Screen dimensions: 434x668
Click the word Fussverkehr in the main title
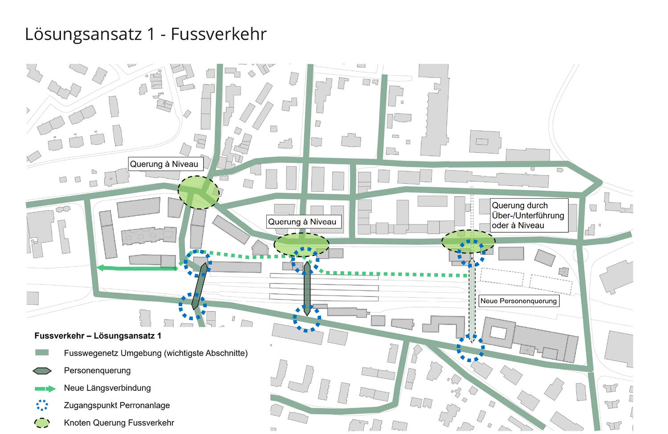point(218,34)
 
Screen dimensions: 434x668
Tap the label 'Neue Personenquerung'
point(518,301)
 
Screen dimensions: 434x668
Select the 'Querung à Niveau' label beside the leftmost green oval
point(164,164)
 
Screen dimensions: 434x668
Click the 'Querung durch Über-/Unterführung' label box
point(529,215)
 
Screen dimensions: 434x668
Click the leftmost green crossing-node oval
point(199,192)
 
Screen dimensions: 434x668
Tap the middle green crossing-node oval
point(301,244)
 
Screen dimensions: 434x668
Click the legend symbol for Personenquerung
point(42,371)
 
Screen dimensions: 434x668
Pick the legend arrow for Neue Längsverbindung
point(45,389)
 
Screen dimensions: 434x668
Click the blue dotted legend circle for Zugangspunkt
point(42,406)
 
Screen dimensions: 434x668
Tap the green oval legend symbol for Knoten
point(42,423)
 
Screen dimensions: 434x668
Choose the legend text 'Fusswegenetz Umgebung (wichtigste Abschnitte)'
point(155,353)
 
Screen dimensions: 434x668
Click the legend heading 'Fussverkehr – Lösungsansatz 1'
point(98,336)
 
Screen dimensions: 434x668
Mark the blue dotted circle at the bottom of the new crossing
point(470,348)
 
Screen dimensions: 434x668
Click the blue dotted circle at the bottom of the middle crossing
point(307,318)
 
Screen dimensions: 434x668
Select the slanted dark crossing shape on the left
point(199,286)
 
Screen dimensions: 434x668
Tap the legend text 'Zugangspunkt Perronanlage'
point(117,406)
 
